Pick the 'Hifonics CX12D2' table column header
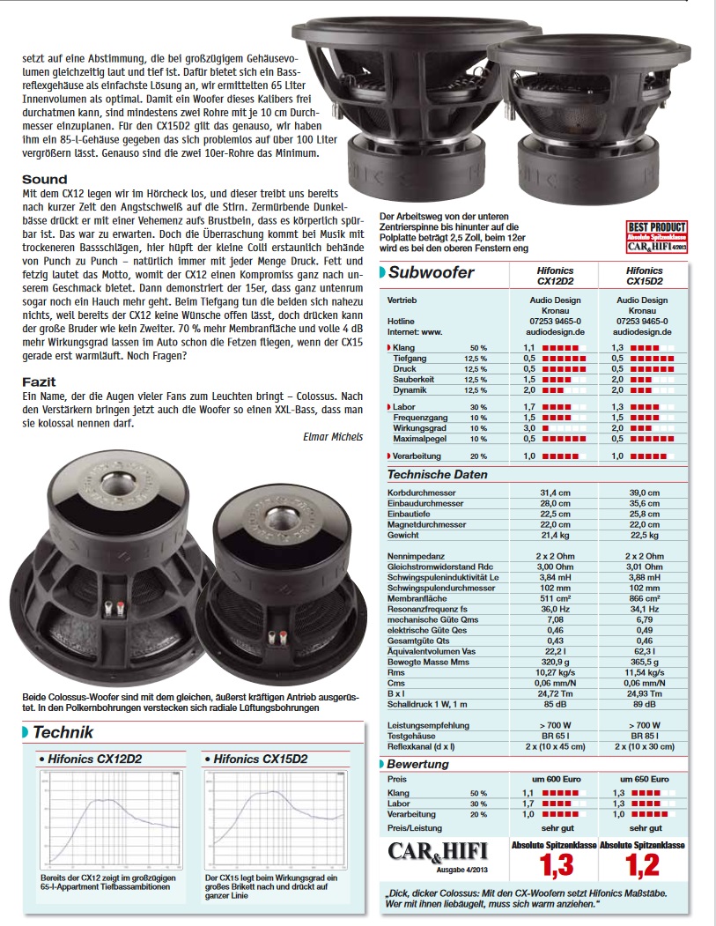coord(555,276)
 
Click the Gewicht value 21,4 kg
coord(555,535)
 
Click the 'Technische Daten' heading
coord(437,474)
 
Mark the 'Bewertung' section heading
coord(418,764)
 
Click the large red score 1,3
coord(556,866)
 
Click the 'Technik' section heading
coord(62,732)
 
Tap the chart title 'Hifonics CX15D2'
coord(260,759)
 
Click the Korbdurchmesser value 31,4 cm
coord(555,493)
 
